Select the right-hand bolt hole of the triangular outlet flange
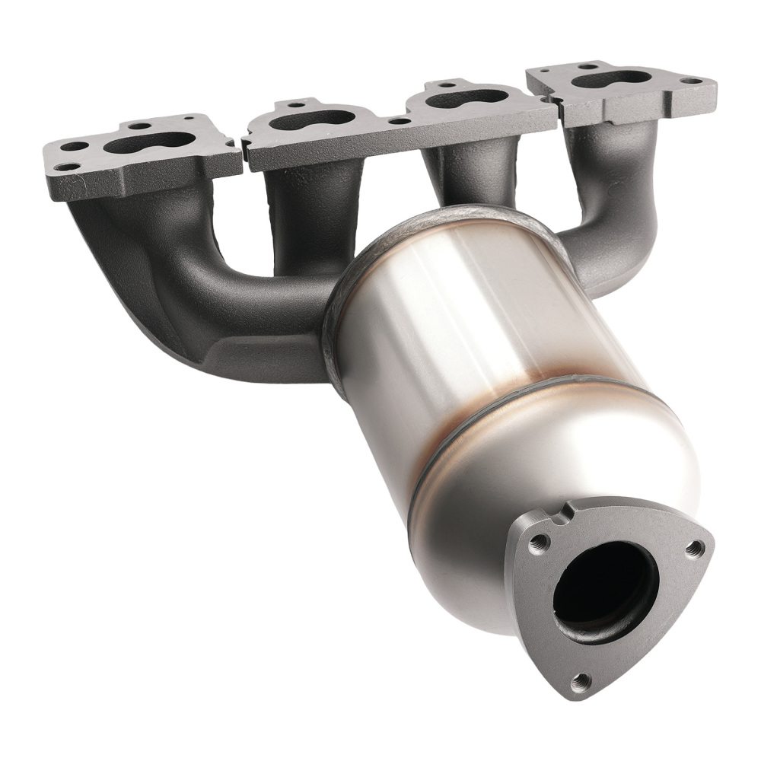pyautogui.click(x=693, y=547)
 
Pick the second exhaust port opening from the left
pyautogui.click(x=312, y=120)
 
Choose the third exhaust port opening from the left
pyautogui.click(x=468, y=98)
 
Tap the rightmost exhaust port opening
pyautogui.click(x=612, y=78)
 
